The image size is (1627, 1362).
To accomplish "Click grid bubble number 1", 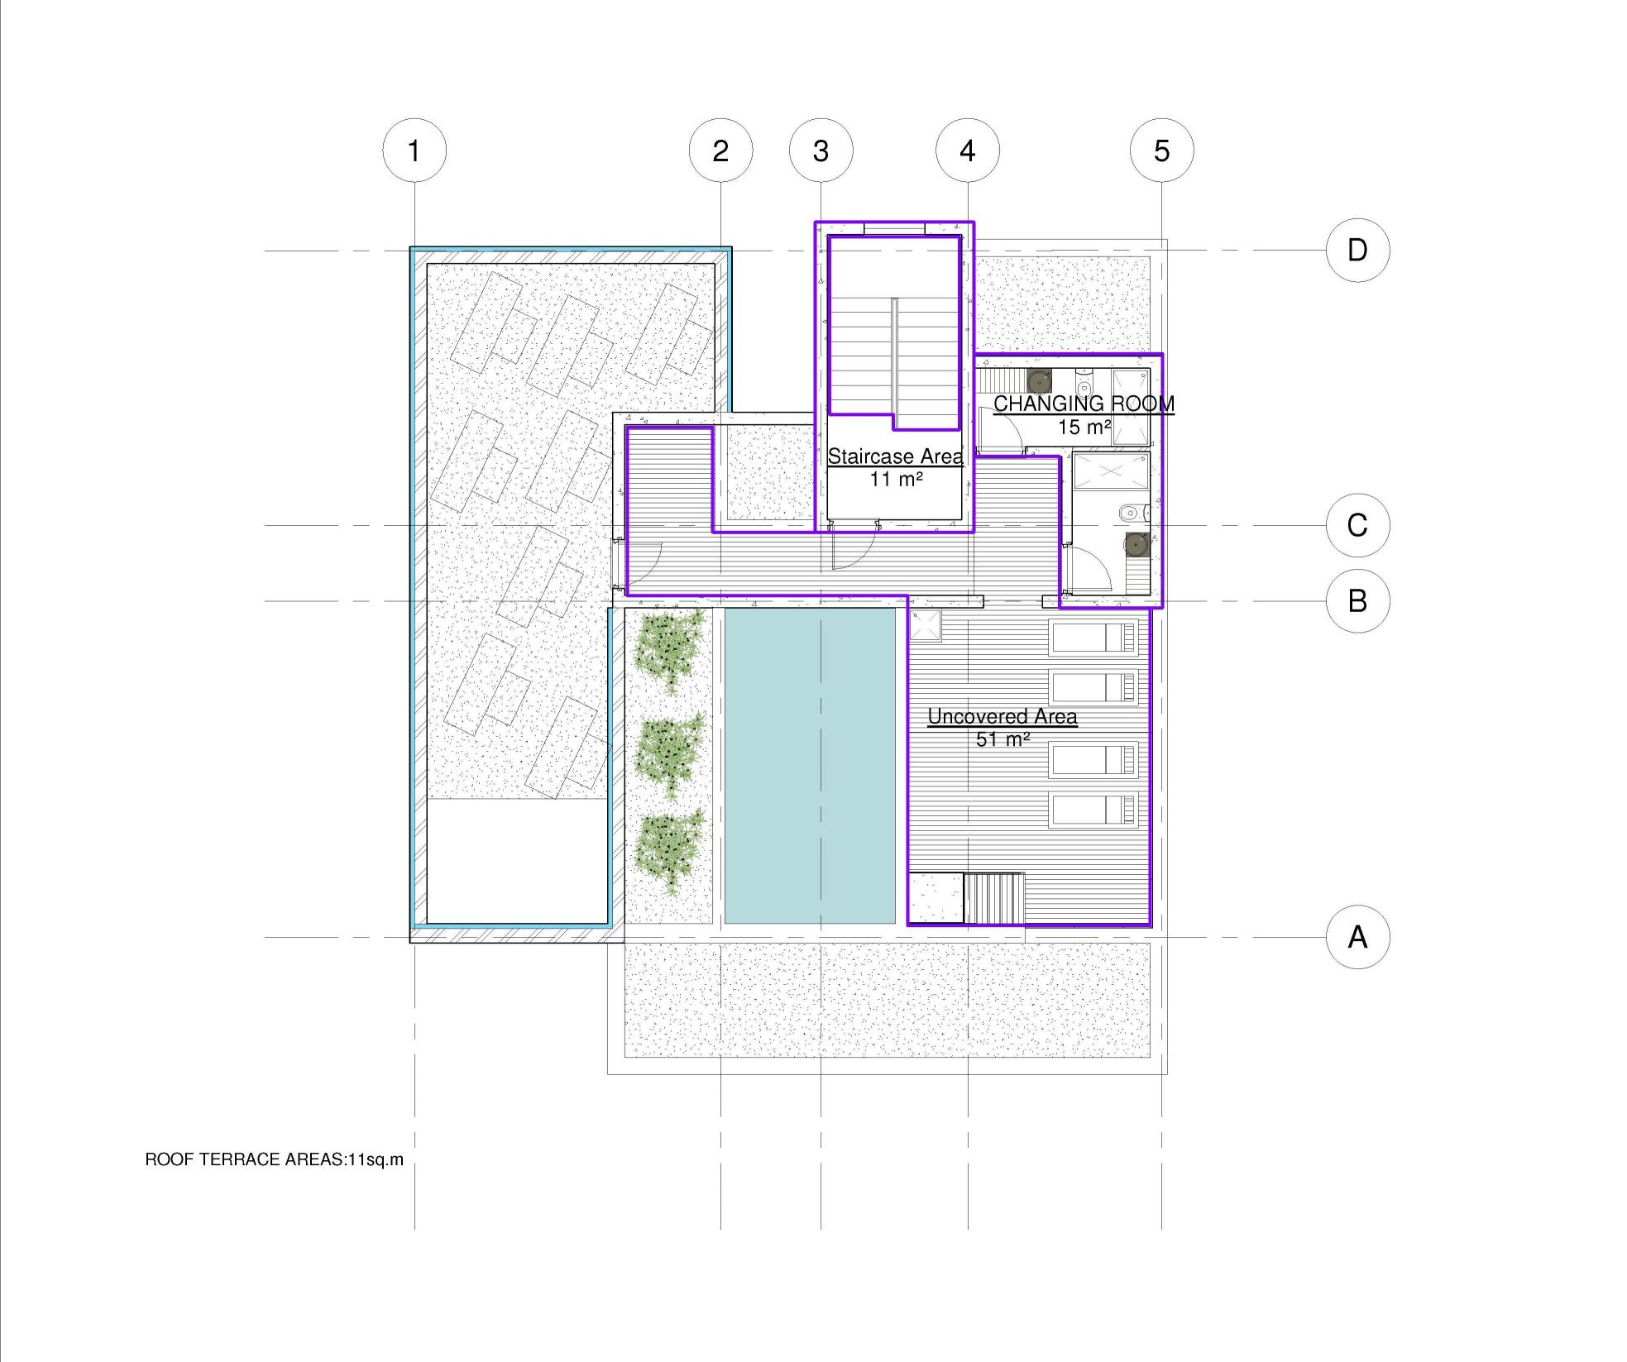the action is (x=414, y=151).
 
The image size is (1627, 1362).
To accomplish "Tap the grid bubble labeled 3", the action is (x=821, y=151).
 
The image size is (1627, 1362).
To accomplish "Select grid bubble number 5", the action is (x=1161, y=151).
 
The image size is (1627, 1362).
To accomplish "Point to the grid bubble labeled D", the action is (x=1357, y=250).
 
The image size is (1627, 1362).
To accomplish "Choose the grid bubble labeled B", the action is (x=1357, y=601).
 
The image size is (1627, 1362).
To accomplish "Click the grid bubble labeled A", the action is (x=1357, y=937).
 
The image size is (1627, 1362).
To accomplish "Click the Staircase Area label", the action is (x=896, y=456).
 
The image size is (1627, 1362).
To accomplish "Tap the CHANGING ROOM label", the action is (x=1084, y=404).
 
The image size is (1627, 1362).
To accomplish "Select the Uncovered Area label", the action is (x=1003, y=716).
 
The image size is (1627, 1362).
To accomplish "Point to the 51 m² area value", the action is (x=1003, y=739).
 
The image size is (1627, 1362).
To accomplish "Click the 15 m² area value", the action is (x=1084, y=428).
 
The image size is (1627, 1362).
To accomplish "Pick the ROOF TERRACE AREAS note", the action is (x=275, y=1159).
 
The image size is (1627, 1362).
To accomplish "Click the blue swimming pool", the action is (x=810, y=766).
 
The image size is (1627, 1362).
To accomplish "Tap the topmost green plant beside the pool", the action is (x=669, y=650).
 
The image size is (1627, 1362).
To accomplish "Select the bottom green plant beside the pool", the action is (x=669, y=852).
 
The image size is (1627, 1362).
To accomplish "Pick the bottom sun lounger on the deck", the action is (x=1093, y=810).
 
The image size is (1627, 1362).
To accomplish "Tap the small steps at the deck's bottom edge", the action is (x=994, y=898).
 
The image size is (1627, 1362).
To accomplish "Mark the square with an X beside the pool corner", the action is (x=926, y=625).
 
